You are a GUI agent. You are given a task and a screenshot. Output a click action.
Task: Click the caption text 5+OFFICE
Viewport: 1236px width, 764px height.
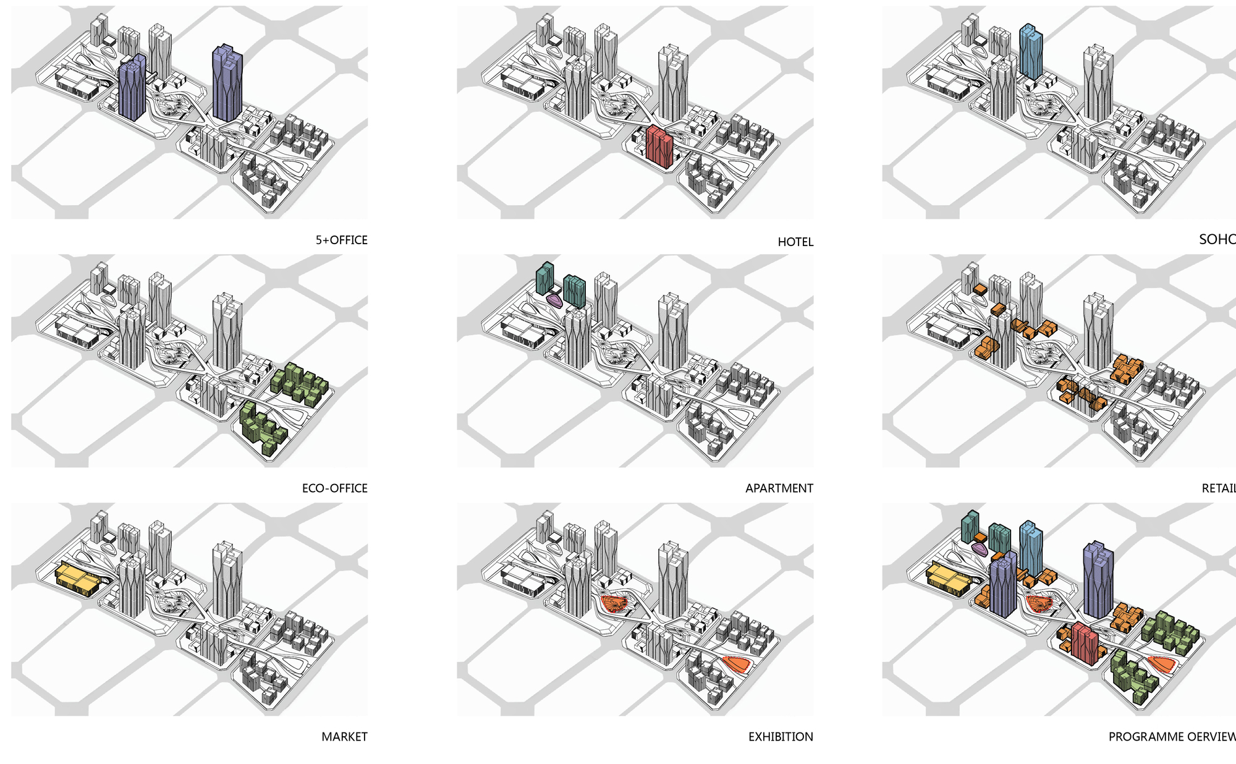(x=341, y=240)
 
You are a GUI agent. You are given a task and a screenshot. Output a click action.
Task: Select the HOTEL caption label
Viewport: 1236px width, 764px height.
(x=795, y=242)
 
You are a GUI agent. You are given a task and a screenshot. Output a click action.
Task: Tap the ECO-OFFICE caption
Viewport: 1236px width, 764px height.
(x=334, y=488)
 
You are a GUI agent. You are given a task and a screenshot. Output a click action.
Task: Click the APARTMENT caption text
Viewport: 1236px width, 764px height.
(x=779, y=488)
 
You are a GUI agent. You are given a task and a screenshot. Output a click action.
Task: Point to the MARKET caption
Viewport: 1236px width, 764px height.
(x=344, y=737)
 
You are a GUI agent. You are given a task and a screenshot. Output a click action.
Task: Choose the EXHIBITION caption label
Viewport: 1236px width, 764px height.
(x=781, y=737)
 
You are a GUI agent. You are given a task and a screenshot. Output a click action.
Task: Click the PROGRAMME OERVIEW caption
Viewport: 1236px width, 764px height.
(x=1172, y=737)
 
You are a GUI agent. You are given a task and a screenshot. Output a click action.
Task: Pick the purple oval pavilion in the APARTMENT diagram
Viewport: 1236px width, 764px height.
(x=554, y=301)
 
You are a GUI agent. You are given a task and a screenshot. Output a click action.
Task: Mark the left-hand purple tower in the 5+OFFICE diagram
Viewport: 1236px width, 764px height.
(x=132, y=88)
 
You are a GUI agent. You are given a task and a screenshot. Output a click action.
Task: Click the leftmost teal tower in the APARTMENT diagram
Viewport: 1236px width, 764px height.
(x=544, y=278)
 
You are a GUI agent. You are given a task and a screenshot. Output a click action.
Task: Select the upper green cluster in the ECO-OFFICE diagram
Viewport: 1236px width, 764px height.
(x=299, y=383)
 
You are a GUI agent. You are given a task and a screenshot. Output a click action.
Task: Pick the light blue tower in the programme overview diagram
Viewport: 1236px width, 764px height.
(x=1031, y=547)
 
